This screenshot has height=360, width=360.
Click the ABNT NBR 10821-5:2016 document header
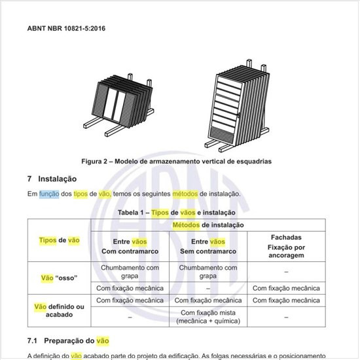[66, 29]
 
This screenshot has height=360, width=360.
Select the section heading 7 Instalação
[52, 179]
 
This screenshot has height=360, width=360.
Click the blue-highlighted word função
[48, 194]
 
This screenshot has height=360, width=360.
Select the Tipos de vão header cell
[60, 240]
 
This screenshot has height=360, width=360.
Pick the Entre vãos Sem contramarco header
[207, 247]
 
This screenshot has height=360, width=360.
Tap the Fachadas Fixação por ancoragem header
[285, 246]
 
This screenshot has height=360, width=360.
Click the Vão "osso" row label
[60, 278]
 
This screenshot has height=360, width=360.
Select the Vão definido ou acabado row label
[60, 310]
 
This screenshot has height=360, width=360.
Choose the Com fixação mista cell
[207, 317]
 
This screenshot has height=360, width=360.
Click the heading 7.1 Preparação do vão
[68, 341]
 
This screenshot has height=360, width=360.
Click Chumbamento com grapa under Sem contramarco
[207, 271]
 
